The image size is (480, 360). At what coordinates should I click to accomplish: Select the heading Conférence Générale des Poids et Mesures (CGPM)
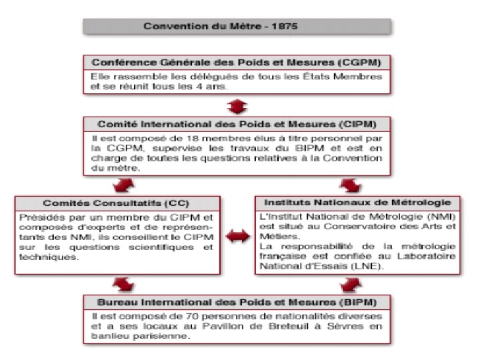point(236,62)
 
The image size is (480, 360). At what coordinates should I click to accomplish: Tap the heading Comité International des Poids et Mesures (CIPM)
point(236,124)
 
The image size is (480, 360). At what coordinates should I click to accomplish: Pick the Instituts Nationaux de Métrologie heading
point(357,201)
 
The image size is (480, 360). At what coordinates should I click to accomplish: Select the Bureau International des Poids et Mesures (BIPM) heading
point(236,301)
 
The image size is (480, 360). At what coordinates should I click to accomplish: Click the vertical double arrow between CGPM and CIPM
point(237,106)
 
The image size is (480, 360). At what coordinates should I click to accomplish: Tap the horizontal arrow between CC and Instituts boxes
point(237,235)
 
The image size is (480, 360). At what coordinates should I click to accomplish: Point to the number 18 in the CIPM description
point(169,138)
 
